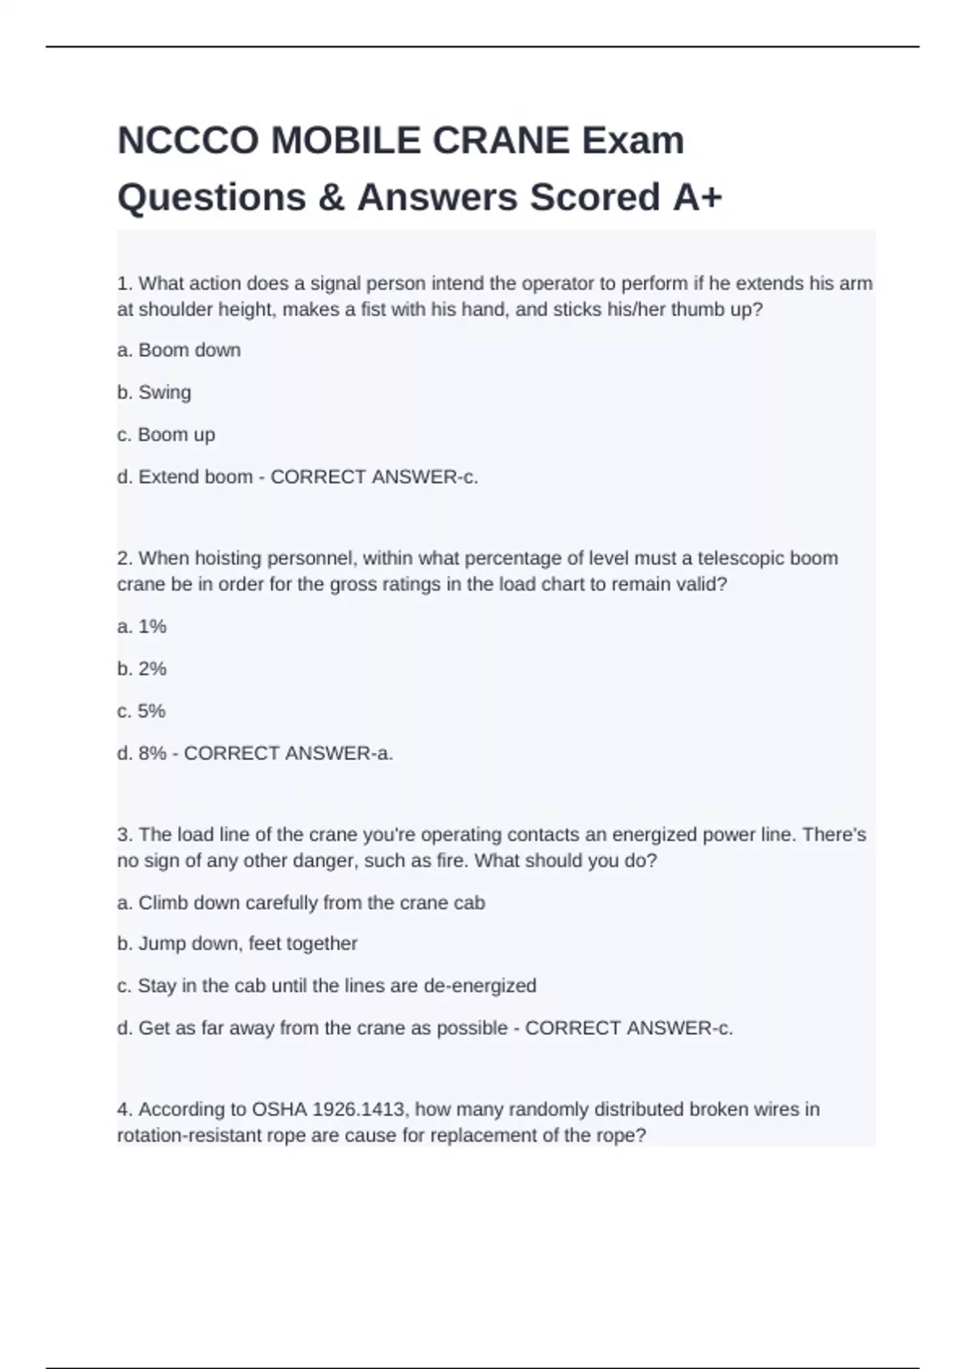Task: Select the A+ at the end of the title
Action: click(x=697, y=198)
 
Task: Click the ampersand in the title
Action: click(x=331, y=198)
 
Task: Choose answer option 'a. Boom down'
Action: click(x=179, y=350)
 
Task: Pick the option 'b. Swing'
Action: click(x=154, y=392)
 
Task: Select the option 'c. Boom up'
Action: click(x=166, y=435)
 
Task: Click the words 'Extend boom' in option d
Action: click(x=196, y=477)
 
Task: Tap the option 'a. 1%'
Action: click(x=142, y=627)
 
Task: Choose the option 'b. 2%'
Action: click(x=142, y=668)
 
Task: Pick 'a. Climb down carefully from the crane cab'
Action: click(x=301, y=903)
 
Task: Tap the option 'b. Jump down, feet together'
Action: click(x=237, y=944)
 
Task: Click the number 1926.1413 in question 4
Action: click(x=361, y=1110)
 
